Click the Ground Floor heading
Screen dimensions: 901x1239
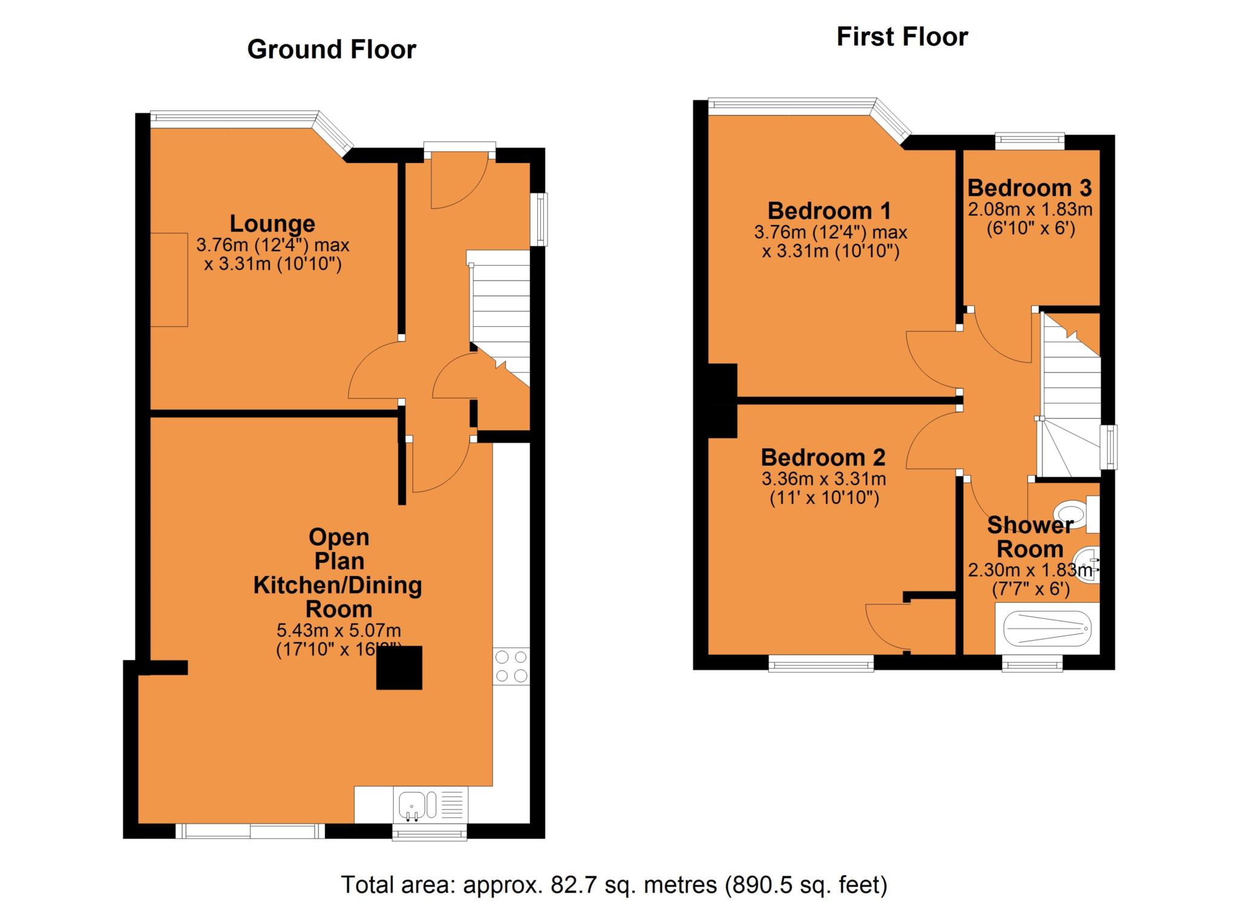332,50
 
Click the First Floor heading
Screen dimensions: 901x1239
901,37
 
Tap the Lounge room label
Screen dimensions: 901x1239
272,224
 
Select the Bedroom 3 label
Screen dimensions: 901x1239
1029,188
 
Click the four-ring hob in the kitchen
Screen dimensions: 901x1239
511,666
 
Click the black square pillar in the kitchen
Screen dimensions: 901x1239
399,667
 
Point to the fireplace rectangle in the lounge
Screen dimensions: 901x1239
169,280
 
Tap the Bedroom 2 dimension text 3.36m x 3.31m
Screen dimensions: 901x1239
823,479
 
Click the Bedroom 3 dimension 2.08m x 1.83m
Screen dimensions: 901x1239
1030,210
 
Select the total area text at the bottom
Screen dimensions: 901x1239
614,885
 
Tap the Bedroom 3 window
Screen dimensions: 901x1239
1030,141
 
